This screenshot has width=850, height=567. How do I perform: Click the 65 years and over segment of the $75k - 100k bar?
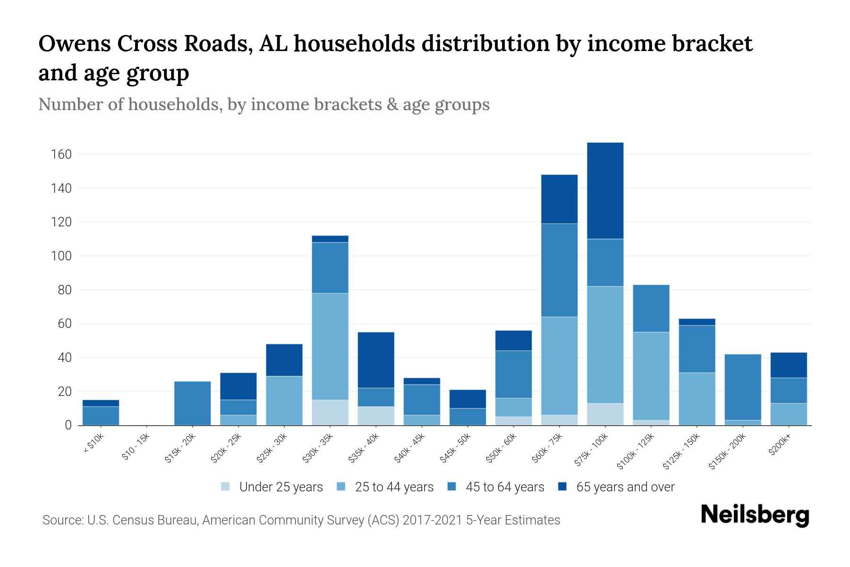coord(605,190)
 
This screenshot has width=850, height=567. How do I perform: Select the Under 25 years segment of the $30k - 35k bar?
coord(330,412)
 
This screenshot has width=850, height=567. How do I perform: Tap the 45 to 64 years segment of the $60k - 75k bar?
coord(559,270)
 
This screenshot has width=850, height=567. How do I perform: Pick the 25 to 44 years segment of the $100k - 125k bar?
coord(651,376)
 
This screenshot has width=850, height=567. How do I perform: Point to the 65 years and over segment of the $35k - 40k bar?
coord(376,360)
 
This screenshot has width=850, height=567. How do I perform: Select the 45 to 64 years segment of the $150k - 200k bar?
coord(742,387)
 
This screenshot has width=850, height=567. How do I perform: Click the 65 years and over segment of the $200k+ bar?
coord(788,365)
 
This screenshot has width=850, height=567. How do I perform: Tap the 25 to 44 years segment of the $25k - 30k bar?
coord(284,401)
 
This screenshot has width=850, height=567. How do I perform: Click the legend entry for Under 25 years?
coord(272,487)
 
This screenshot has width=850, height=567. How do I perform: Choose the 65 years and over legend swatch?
coord(562,487)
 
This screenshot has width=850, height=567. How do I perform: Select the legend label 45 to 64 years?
coord(505,487)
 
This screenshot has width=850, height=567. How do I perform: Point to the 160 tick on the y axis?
coord(62,155)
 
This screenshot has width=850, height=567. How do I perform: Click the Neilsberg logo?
coord(755,515)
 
